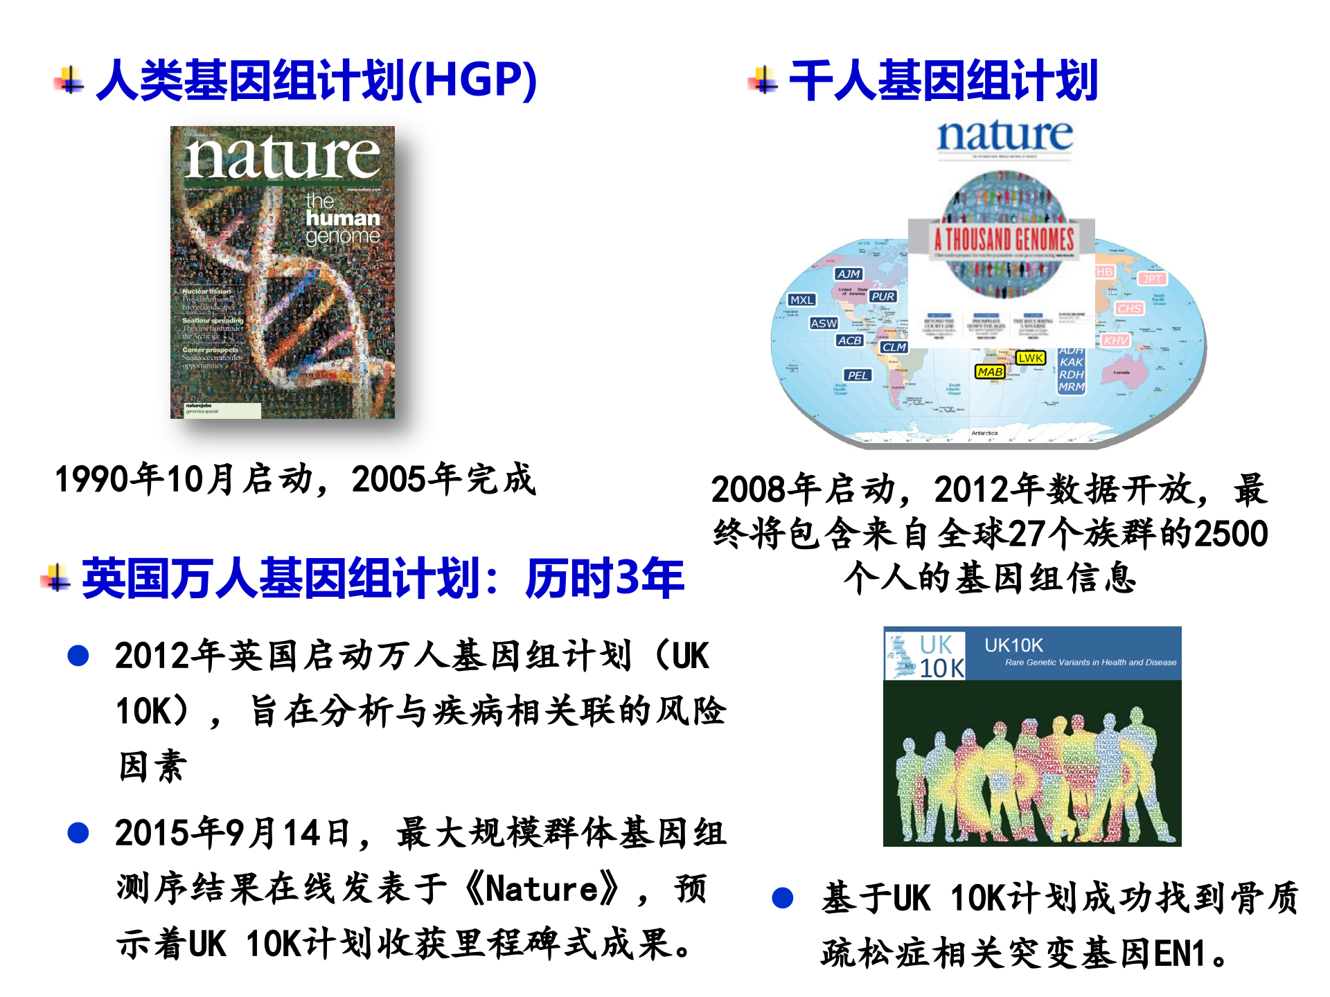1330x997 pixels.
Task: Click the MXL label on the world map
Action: coord(802,300)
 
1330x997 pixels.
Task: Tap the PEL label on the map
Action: coord(858,375)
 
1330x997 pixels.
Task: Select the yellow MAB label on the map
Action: coord(990,372)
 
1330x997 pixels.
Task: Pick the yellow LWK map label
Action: coord(1031,358)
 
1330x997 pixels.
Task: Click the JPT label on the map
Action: coord(1152,279)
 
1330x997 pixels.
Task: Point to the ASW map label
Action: coord(824,323)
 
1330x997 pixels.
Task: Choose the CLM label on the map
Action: coord(894,347)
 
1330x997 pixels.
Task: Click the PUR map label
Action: coord(883,296)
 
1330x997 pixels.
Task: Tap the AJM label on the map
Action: coord(849,274)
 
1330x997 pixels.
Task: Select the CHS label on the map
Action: coord(1129,308)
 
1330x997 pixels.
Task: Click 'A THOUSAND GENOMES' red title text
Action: coord(1004,240)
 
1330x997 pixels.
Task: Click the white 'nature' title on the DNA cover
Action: coord(282,157)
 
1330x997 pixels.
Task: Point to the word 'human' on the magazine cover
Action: coord(343,219)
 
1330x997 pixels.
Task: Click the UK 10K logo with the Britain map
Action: coord(925,655)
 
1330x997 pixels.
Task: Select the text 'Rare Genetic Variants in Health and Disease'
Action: coord(1090,663)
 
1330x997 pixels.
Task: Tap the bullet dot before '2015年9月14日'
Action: coord(78,832)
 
